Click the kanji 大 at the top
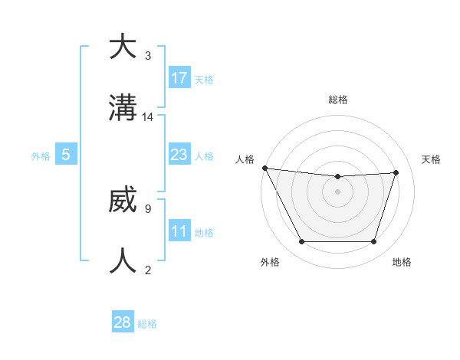tap(123, 47)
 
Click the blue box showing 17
tap(179, 78)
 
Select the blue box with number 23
tap(179, 155)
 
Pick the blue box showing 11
tap(179, 231)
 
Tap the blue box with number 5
tap(66, 155)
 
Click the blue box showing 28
tap(123, 322)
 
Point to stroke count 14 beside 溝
tap(148, 117)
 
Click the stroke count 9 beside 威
tap(147, 208)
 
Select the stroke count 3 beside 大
tap(147, 56)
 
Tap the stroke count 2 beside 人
tap(147, 270)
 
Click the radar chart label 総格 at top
tap(337, 100)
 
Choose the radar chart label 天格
tap(431, 159)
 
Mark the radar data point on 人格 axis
tap(264, 168)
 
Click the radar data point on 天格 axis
tap(396, 172)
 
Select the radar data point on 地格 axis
tap(373, 242)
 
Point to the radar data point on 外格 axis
tap(301, 242)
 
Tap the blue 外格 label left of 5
tap(41, 156)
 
